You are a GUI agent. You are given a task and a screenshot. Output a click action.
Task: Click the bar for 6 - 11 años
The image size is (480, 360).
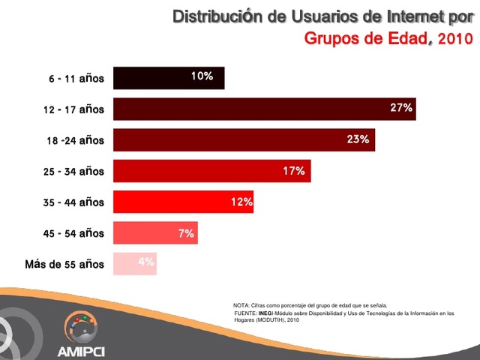point(169,78)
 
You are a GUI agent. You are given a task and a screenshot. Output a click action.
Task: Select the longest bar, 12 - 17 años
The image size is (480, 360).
point(264,109)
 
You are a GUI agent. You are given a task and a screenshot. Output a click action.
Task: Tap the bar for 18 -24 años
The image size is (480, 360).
point(244,139)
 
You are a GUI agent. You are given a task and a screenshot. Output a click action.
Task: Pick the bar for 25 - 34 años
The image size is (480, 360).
point(211,171)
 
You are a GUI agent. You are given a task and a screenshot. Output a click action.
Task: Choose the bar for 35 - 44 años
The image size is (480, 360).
point(183,202)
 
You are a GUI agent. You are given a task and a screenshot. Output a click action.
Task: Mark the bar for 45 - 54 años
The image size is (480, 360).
point(154,233)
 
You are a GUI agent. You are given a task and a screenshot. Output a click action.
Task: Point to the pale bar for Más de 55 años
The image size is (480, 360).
point(135,264)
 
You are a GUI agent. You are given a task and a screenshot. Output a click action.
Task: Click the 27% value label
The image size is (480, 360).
point(401,108)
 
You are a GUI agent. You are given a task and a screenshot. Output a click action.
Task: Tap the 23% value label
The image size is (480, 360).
point(358,139)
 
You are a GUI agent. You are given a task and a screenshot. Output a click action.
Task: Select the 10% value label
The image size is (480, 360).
point(202,76)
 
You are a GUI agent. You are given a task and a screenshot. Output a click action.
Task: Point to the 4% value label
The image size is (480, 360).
point(145,262)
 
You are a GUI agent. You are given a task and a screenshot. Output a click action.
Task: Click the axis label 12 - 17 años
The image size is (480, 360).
point(73,109)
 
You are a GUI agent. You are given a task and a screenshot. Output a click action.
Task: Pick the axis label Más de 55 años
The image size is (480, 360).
point(64,264)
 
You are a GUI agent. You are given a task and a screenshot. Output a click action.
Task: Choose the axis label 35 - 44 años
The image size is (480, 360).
point(73,202)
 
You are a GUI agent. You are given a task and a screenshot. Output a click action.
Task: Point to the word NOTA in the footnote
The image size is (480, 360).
point(241,305)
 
